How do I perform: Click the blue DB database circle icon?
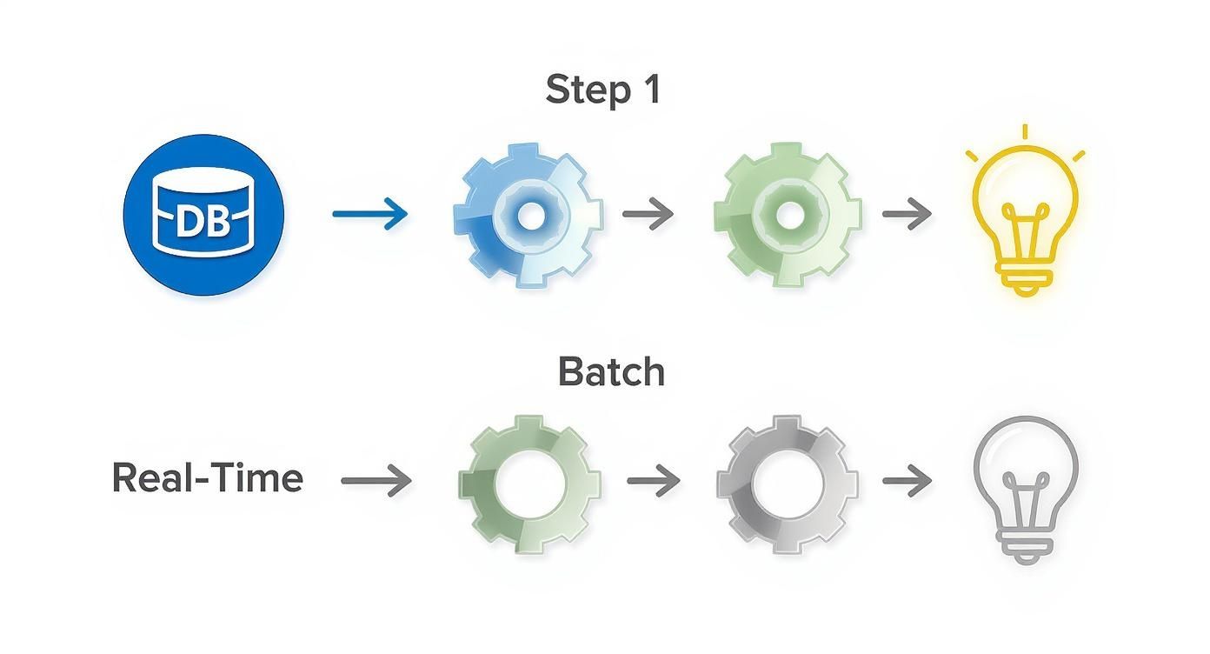(x=204, y=215)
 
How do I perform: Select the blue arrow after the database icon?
(x=370, y=214)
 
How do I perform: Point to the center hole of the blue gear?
(x=528, y=215)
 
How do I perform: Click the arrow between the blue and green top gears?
(x=648, y=214)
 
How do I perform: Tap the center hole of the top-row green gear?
(x=788, y=215)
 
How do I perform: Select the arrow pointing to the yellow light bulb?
(x=907, y=214)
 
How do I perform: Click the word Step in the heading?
(x=580, y=90)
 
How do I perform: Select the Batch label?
(x=611, y=371)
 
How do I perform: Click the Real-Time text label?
(x=208, y=478)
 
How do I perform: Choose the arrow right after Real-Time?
(x=376, y=480)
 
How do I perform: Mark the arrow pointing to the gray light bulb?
(x=907, y=480)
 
